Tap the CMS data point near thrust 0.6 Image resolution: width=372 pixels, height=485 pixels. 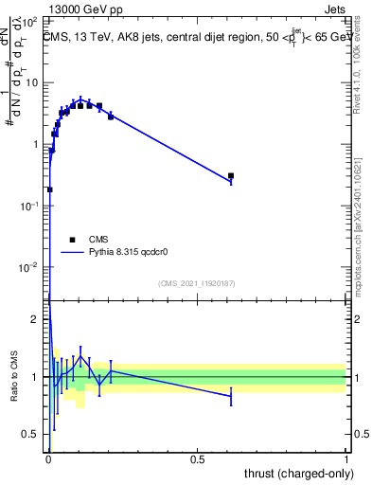coord(231,176)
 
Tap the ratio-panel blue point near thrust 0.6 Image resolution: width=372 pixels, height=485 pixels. coord(231,396)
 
